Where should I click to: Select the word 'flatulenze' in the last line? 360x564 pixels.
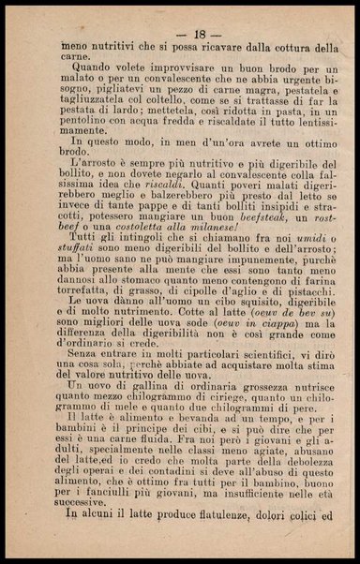(x=193, y=542)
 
